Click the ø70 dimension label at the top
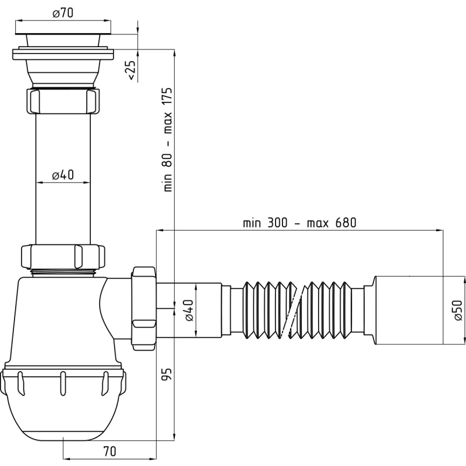[63, 13]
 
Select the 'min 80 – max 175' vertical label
[168, 139]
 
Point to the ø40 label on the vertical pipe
[63, 175]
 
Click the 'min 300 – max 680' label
[299, 223]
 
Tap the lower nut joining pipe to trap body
[63, 256]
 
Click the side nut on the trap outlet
[143, 309]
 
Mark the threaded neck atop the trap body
[63, 271]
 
